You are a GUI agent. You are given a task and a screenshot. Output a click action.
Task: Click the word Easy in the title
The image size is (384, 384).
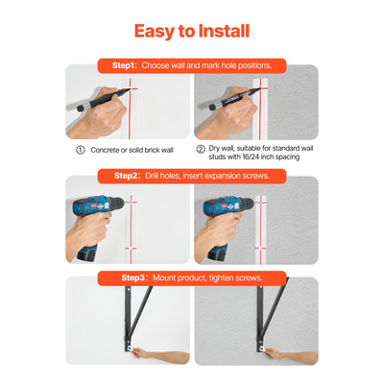[155, 33]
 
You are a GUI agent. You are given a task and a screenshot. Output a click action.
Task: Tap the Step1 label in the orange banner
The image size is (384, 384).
[125, 65]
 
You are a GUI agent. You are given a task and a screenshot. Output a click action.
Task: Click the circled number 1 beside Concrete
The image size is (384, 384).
[81, 150]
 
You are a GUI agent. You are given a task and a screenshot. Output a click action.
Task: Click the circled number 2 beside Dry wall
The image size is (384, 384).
[201, 149]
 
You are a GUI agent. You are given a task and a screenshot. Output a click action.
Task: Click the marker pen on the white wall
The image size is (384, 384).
[104, 100]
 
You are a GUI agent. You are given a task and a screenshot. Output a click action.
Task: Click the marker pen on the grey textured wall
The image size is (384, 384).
[234, 99]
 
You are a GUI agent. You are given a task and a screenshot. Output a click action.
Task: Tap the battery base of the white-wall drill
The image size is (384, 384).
[87, 252]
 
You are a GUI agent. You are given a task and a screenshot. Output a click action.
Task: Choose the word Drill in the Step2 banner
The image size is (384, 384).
[152, 176]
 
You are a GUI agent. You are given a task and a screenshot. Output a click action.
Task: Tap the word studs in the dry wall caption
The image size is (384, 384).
[217, 157]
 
